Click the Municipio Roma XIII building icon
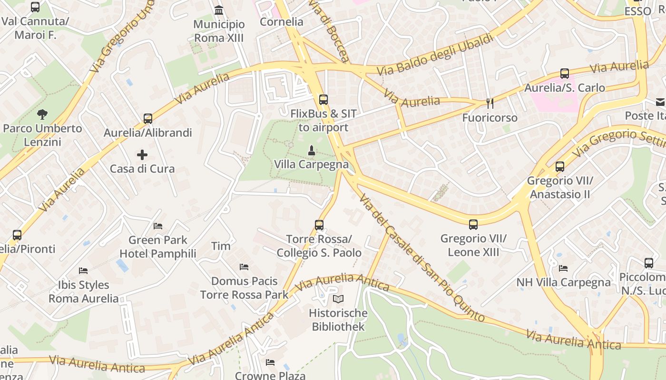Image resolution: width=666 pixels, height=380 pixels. coord(219,10)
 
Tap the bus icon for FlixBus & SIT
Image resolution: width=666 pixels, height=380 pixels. coord(323,99)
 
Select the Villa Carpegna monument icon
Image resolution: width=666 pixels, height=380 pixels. coord(311,151)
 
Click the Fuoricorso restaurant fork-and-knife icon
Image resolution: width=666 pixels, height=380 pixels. coord(490,103)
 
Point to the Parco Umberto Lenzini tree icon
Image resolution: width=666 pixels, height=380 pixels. coord(42,114)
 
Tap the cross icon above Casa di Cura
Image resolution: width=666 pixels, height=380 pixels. coord(142,155)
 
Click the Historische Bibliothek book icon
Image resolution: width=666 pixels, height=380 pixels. coord(338,299)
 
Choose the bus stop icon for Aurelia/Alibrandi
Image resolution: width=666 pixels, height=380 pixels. coord(148,118)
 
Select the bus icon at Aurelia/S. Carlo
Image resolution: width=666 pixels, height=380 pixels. coord(565,74)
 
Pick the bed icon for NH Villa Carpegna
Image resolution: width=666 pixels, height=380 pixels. coord(563,268)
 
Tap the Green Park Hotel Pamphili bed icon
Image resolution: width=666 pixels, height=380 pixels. coord(158,226)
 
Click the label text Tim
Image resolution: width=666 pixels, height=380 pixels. coord(221,246)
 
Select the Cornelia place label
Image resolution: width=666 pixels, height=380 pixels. coord(282,21)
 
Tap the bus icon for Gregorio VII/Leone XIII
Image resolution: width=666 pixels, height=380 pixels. coord(473,225)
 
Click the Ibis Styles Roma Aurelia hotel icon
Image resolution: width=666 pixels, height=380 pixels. coord(83,271)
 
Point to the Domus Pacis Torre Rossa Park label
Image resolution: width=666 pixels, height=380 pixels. coord(245,288)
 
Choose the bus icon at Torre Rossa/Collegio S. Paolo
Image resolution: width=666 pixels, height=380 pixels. coord(319,225)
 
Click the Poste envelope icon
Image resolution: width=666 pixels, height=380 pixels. coord(660,102)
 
